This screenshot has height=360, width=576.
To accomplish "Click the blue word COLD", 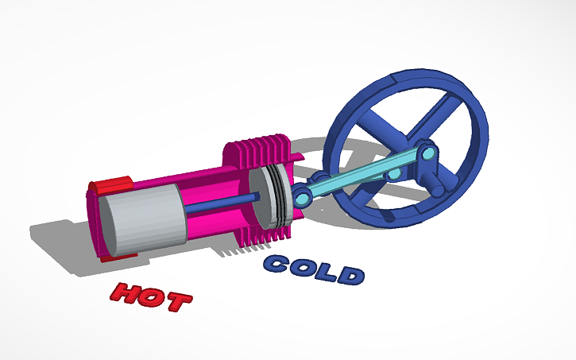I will (x=315, y=269).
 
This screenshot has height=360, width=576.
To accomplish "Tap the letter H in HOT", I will (x=126, y=292).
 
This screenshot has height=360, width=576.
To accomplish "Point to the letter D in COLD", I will (x=350, y=275).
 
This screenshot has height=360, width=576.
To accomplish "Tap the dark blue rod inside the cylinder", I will (x=222, y=206).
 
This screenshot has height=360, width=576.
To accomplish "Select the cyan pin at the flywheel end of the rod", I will (x=429, y=152).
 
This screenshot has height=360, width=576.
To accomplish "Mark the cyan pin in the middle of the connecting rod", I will (x=391, y=172).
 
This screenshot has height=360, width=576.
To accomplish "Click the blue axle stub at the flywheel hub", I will (x=439, y=188).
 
